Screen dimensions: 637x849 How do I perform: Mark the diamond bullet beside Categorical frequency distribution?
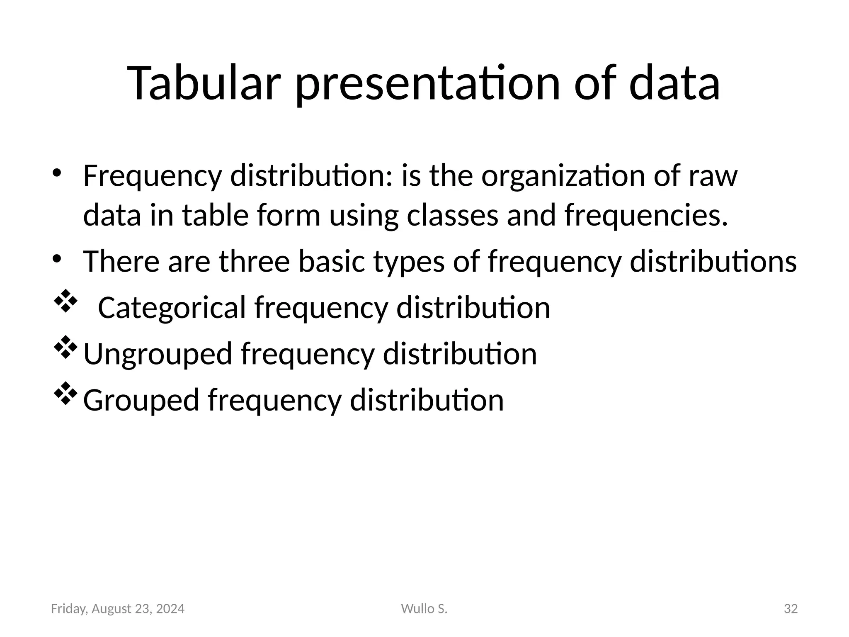point(65,301)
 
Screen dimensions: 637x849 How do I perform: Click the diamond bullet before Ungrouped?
point(65,348)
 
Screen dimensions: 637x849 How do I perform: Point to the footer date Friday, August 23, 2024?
point(118,609)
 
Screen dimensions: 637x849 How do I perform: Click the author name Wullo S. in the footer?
point(424,609)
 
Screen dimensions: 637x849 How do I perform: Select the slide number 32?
point(791,609)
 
